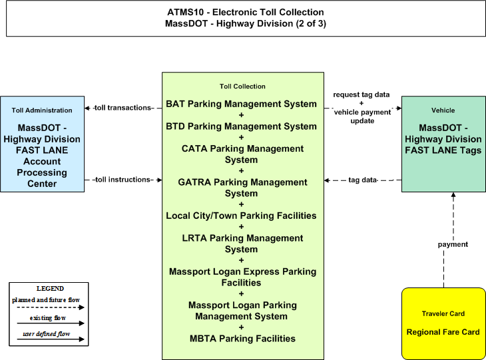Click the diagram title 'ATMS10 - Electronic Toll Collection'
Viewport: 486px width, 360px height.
246,13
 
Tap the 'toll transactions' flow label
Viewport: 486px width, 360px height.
122,108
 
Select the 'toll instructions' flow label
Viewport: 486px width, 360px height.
122,180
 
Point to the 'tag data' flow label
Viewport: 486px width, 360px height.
362,180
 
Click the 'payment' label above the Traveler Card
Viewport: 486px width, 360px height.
453,244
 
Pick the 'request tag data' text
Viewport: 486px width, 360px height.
362,94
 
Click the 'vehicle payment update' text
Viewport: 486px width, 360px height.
362,116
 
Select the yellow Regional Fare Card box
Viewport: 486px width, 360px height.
443,324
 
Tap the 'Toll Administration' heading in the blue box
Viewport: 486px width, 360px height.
42,110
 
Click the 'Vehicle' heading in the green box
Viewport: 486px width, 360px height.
443,110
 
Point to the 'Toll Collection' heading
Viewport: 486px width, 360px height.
242,87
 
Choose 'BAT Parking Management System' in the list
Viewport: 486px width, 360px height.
241,104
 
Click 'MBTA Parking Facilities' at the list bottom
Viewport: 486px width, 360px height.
242,339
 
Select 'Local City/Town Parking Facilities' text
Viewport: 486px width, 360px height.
241,216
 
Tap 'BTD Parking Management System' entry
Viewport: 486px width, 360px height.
241,126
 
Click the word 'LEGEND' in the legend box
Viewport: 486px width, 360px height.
50,289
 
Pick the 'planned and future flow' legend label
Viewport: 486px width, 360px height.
46,300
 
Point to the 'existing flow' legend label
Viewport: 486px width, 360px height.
48,318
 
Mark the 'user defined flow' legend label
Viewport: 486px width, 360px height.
46,334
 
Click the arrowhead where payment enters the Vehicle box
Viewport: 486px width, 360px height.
453,195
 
